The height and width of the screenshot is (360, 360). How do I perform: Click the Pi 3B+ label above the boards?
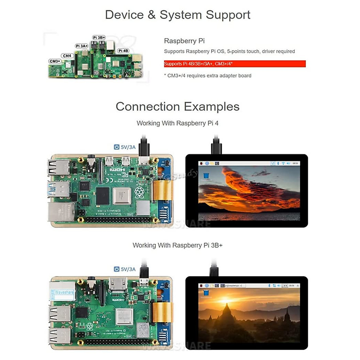tap(99, 37)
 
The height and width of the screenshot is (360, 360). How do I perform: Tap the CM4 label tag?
tap(67, 56)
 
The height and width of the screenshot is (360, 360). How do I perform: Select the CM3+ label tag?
tap(55, 61)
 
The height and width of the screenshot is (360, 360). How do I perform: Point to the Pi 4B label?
tap(123, 51)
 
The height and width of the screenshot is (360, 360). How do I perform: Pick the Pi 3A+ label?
tap(82, 46)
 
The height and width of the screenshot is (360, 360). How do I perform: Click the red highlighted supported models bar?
tap(235, 64)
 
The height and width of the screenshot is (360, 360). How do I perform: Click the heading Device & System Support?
tap(178, 15)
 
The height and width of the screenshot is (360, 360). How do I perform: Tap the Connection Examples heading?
tap(178, 106)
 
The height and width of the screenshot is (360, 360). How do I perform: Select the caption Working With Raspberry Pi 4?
tap(178, 123)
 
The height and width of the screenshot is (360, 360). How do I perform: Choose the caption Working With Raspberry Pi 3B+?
tap(178, 245)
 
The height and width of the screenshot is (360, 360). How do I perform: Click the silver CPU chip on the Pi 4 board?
tap(122, 196)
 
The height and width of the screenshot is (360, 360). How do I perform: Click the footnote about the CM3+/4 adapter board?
tap(208, 76)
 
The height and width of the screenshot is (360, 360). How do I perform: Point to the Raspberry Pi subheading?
tap(184, 41)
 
